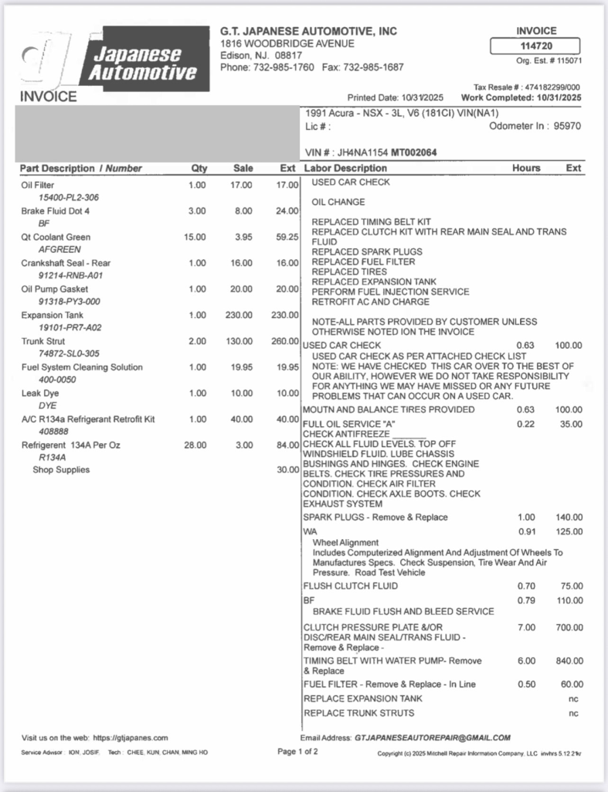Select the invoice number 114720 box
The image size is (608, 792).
536,46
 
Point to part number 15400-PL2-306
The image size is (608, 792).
69,197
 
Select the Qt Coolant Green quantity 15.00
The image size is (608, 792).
195,237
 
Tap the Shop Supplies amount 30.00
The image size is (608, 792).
287,469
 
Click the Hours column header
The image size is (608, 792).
526,168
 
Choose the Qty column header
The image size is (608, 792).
199,168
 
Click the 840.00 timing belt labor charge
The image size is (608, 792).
569,661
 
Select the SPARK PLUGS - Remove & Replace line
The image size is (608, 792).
375,517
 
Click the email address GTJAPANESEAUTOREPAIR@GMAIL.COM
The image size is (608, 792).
433,738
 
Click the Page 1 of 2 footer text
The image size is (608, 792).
297,752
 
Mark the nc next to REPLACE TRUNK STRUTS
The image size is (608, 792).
573,712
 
